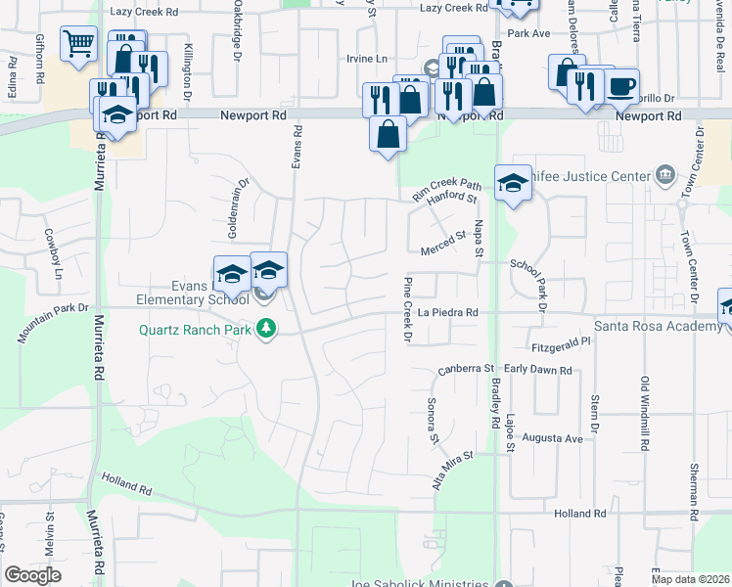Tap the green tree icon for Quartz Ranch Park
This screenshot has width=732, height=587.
click(x=264, y=329)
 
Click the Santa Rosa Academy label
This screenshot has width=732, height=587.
click(x=662, y=325)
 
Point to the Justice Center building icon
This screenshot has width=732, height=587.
click(x=665, y=175)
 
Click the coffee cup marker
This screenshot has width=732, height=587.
click(x=620, y=86)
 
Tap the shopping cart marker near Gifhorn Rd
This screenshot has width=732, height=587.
click(x=77, y=44)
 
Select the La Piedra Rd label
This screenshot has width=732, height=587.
click(x=447, y=312)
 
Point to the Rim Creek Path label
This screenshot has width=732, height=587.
click(x=447, y=189)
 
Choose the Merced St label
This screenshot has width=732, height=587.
click(x=443, y=241)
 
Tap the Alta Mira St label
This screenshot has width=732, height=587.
click(x=452, y=470)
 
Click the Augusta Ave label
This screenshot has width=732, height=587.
click(x=552, y=438)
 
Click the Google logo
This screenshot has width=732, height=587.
click(x=32, y=574)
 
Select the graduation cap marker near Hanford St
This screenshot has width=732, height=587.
click(x=512, y=184)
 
